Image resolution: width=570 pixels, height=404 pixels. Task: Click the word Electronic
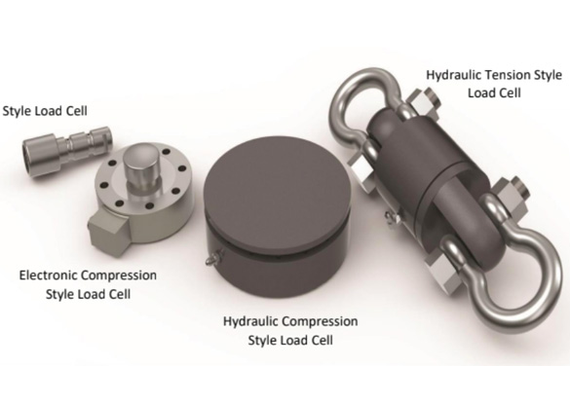coord(47,275)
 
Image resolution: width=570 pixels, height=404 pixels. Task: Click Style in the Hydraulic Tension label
coord(548,76)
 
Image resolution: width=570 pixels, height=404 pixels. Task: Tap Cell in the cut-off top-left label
coord(76,111)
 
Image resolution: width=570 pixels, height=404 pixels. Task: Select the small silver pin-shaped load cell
coord(67,151)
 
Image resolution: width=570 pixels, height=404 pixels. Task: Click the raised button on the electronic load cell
coord(140,166)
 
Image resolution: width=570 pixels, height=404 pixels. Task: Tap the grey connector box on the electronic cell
coord(105,233)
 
